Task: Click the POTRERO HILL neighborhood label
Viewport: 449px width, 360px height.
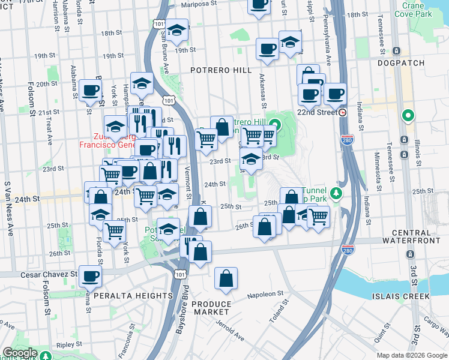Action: tap(221, 70)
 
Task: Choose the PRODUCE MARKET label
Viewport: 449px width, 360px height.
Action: tap(211, 308)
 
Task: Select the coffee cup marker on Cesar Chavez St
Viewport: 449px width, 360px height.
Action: tap(90, 276)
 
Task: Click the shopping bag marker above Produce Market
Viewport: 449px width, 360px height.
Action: tap(226, 278)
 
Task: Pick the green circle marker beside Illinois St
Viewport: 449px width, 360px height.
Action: tap(408, 115)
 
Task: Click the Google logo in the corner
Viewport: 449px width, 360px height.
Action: tap(20, 353)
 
